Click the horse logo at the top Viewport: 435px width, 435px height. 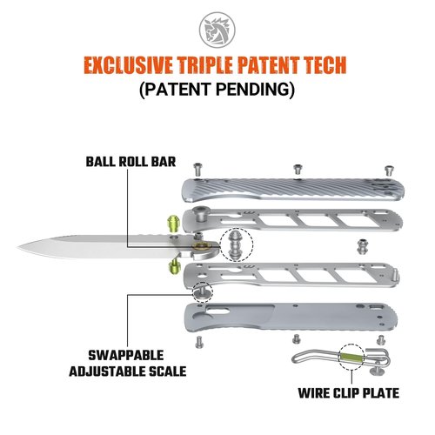click(x=217, y=30)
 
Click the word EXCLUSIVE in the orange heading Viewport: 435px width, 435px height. click(x=129, y=65)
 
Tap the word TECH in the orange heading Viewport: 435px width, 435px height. click(x=324, y=65)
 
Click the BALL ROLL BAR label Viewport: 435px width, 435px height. click(x=130, y=162)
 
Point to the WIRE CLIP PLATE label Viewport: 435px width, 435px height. click(x=349, y=393)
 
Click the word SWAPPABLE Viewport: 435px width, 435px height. click(x=126, y=355)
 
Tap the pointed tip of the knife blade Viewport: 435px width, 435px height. click(x=18, y=247)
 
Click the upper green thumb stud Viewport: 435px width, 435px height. click(x=173, y=224)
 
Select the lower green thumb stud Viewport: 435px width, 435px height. click(x=174, y=266)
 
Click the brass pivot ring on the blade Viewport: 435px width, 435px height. click(x=201, y=246)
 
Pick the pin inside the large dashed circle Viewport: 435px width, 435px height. click(x=236, y=244)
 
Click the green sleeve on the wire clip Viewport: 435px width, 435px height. click(x=351, y=357)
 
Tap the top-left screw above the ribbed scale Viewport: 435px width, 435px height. click(x=197, y=170)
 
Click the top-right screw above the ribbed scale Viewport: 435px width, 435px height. click(x=389, y=171)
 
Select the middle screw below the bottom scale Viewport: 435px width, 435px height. click(x=296, y=338)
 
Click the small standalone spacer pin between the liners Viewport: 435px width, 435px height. click(x=362, y=247)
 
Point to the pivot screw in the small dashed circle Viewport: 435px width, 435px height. click(x=202, y=291)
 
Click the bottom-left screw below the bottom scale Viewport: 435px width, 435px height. click(x=199, y=342)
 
